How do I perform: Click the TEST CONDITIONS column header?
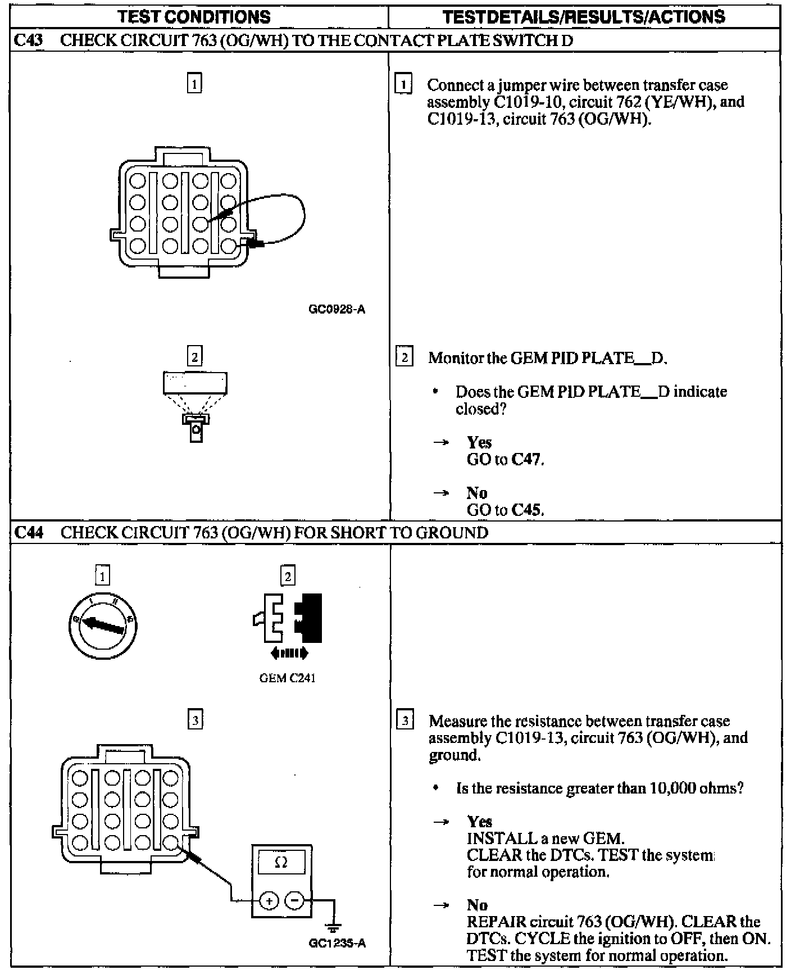[x=194, y=17]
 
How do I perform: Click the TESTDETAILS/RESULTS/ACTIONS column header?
[x=584, y=17]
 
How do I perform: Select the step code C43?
[x=28, y=40]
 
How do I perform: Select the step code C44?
[x=29, y=532]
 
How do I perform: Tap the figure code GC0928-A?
[x=337, y=309]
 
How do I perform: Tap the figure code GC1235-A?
[x=337, y=943]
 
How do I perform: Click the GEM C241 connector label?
[x=287, y=678]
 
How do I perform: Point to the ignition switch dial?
[x=103, y=625]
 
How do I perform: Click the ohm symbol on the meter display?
[x=281, y=862]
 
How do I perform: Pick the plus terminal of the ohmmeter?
[x=269, y=901]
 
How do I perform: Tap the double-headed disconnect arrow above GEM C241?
[x=289, y=653]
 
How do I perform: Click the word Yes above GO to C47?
[x=479, y=442]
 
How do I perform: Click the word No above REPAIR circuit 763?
[x=477, y=905]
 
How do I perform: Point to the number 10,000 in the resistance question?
[x=672, y=788]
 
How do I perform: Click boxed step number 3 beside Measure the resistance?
[x=405, y=720]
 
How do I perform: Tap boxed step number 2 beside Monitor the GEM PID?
[x=404, y=357]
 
